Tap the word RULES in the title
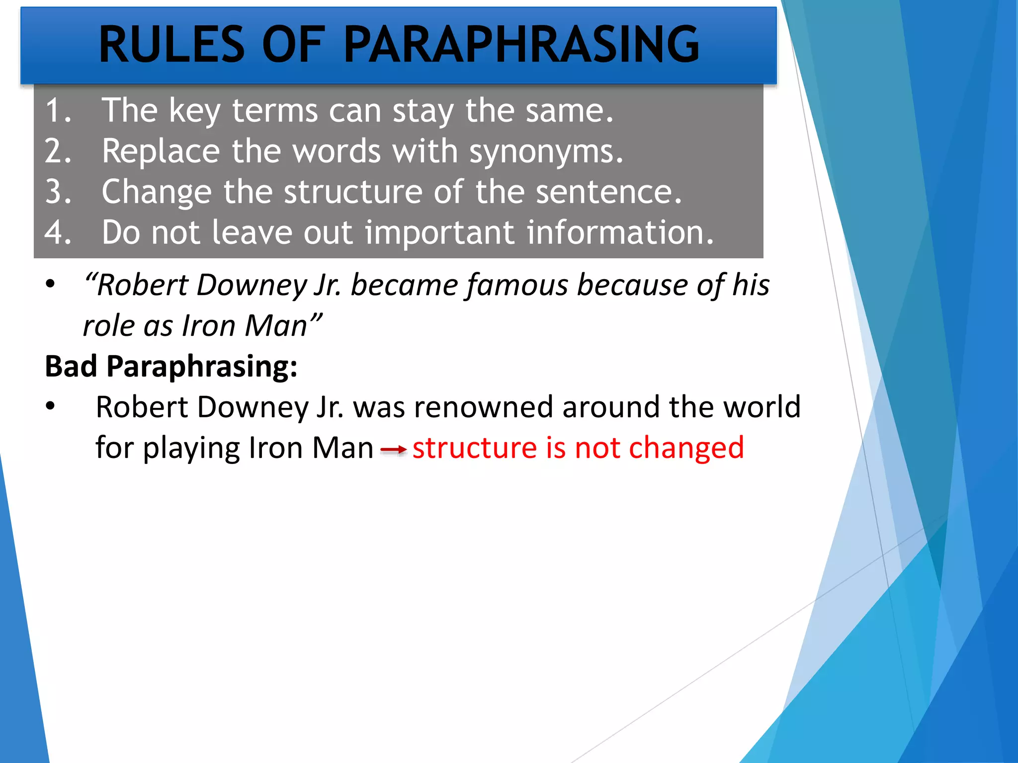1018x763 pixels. [171, 45]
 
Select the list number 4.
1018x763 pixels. [57, 232]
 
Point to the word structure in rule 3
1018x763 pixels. [352, 192]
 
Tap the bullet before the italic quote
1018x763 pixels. [50, 284]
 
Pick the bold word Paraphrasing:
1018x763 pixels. [202, 368]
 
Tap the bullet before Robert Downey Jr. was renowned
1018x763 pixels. [50, 406]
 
